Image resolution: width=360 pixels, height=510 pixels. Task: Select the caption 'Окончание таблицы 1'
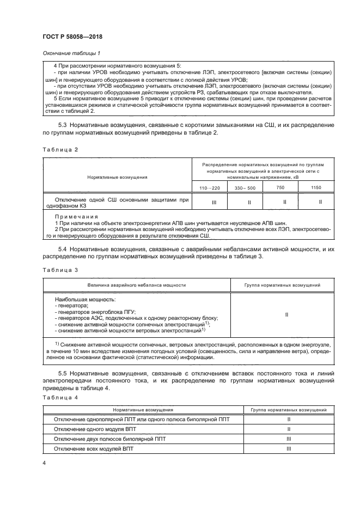(x=71, y=53)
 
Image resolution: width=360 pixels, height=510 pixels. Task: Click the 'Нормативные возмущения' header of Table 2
(x=117, y=177)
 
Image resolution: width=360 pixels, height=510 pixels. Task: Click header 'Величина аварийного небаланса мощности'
(x=137, y=285)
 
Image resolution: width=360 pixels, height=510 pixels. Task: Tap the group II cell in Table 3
(x=286, y=314)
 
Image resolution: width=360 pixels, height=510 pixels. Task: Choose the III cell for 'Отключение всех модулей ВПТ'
(x=288, y=448)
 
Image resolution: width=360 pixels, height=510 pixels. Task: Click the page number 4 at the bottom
(x=44, y=463)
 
